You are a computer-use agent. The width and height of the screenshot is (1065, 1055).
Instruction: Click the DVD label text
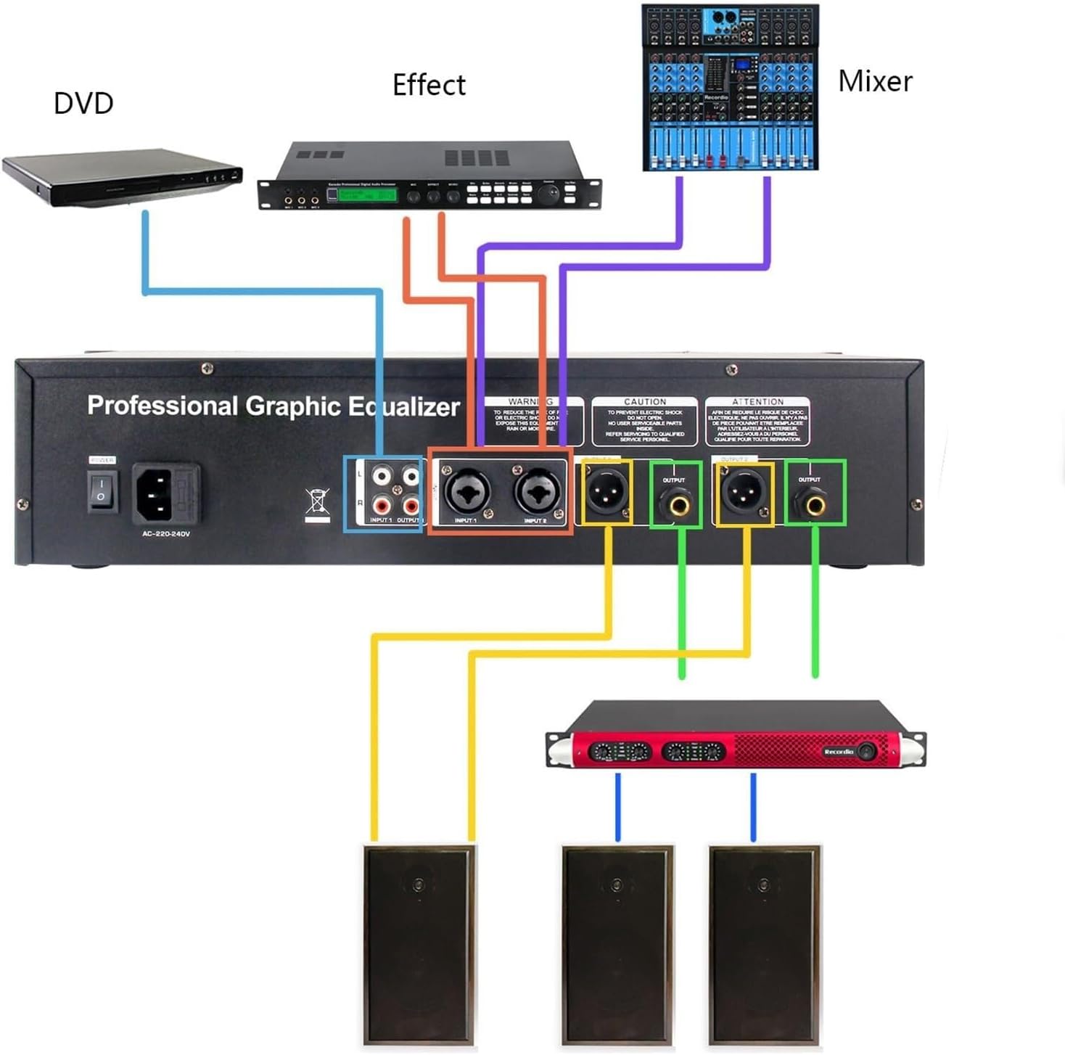coord(83,103)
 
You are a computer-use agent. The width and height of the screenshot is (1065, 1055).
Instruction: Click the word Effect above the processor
coord(429,85)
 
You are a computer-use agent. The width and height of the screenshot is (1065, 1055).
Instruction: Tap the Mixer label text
coord(874,81)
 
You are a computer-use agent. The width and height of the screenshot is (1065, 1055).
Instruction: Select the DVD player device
coord(121,177)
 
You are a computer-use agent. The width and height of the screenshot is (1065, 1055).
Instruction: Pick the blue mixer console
coord(730,88)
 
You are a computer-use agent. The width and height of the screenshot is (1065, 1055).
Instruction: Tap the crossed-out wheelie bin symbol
coord(317,504)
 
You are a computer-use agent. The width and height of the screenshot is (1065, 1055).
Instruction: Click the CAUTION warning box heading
coord(644,401)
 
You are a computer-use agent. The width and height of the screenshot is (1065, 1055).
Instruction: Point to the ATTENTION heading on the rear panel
coord(757,401)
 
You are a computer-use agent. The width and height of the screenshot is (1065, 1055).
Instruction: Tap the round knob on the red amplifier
coord(866,752)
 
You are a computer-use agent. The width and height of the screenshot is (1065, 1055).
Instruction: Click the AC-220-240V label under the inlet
coord(166,534)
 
